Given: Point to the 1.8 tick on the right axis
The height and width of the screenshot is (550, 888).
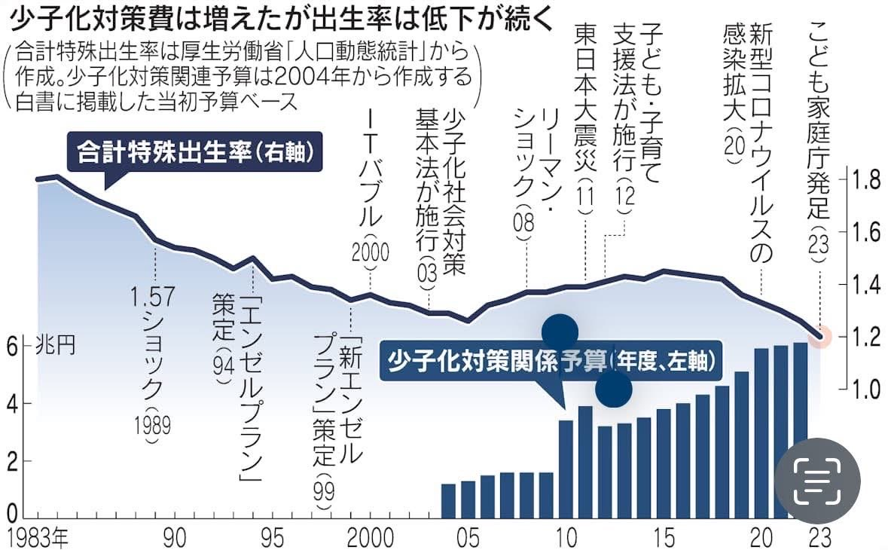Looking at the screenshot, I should pos(867,179).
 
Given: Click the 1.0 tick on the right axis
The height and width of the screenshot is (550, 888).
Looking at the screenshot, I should pos(867,389).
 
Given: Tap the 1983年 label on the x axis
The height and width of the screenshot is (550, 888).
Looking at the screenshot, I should pos(37,538).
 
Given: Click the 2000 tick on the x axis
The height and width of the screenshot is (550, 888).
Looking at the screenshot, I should pos(371,538).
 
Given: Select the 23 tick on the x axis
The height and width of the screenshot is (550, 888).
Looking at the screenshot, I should pos(820,538).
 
